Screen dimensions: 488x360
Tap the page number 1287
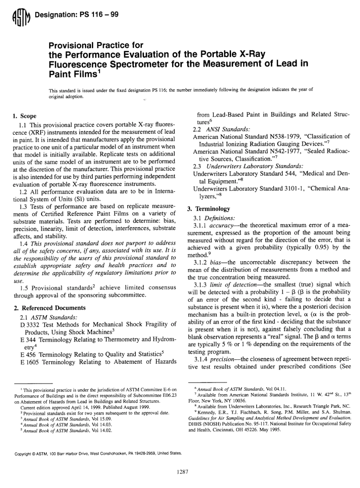pyautogui.click(x=183, y=472)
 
